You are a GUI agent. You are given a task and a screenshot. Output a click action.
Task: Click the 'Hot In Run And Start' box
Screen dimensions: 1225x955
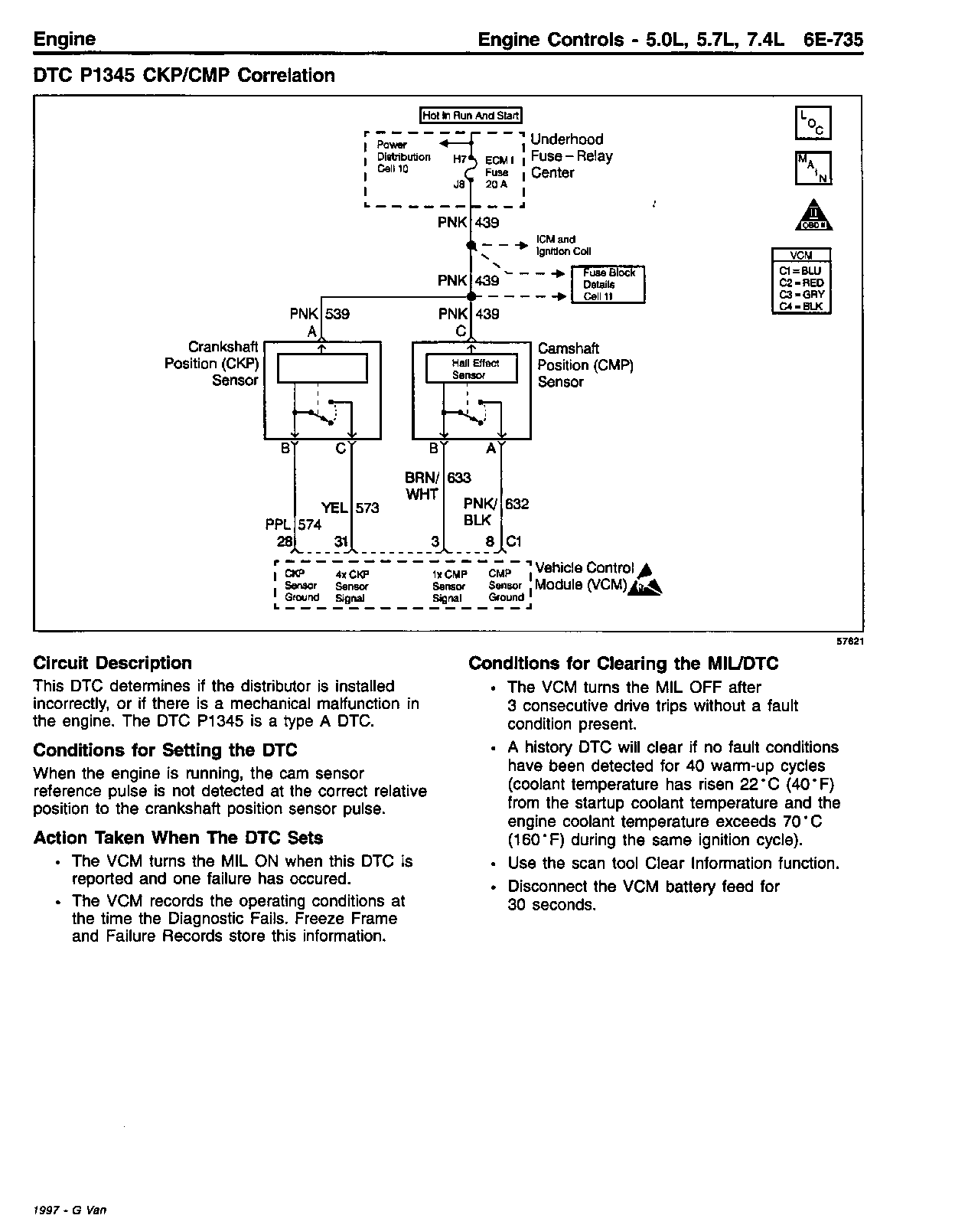tap(471, 116)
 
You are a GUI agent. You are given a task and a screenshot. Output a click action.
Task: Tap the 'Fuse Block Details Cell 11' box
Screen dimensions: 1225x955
tap(609, 285)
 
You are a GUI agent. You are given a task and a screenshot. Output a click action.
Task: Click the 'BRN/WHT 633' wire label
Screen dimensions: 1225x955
tap(438, 485)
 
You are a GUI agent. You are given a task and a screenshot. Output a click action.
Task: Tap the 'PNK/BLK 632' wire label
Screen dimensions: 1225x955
tap(496, 511)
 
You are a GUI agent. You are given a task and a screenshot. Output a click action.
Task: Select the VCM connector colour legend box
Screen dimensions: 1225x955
tap(800, 280)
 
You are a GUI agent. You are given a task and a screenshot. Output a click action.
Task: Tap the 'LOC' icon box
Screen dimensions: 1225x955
tap(813, 123)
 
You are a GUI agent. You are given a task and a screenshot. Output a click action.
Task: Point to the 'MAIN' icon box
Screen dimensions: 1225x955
tap(813, 168)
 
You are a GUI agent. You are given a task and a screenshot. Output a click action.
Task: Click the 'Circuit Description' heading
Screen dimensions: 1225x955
tap(112, 663)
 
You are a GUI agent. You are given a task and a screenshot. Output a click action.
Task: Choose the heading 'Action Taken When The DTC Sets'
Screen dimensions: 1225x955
tap(178, 838)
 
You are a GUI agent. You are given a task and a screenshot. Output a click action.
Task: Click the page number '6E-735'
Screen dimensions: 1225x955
tap(833, 40)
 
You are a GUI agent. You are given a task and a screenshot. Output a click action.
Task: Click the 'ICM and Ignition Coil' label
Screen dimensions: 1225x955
tap(563, 245)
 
